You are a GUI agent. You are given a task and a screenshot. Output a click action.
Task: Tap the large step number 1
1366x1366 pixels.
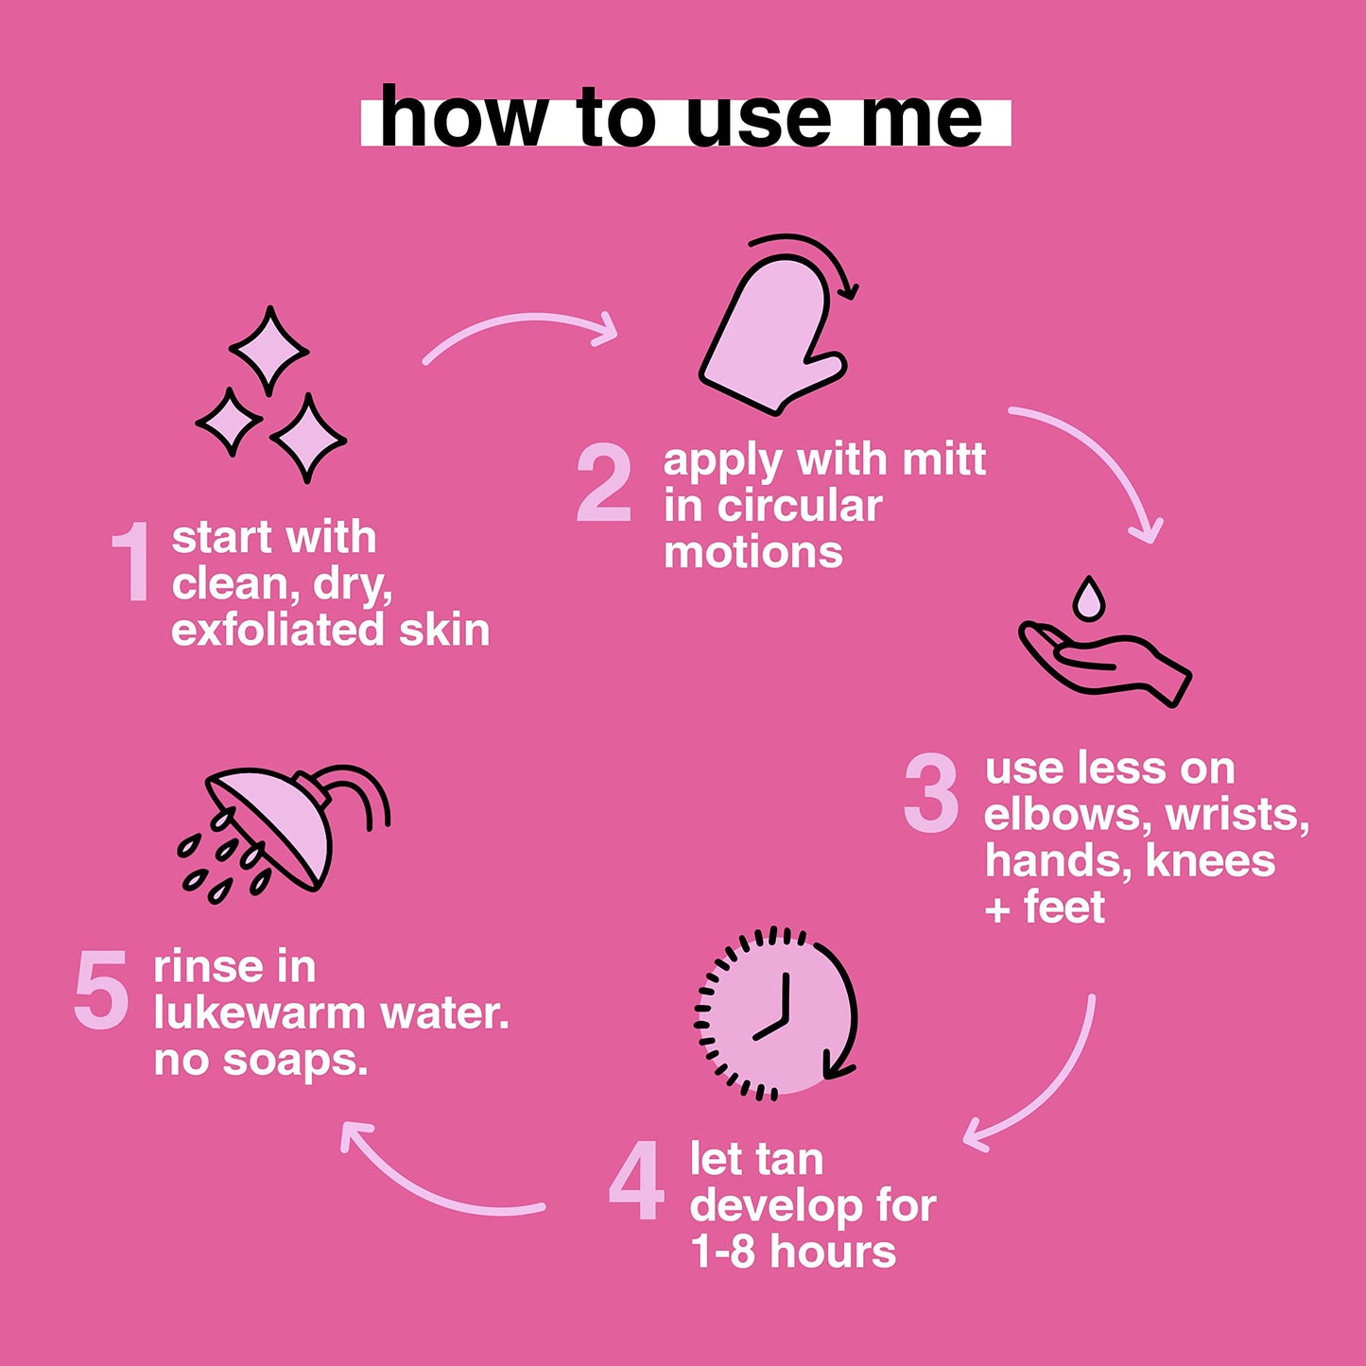130,562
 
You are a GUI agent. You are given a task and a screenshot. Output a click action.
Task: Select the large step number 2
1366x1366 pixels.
603,483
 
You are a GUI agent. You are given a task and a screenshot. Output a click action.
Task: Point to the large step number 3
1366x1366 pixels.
931,793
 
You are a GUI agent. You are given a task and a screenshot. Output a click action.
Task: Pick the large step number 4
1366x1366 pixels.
636,1180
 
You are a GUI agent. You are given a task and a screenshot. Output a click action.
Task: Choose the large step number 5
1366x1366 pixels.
101,990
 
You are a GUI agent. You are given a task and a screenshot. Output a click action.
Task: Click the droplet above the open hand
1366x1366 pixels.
1088,599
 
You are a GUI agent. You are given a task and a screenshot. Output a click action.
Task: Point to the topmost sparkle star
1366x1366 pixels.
268,351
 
